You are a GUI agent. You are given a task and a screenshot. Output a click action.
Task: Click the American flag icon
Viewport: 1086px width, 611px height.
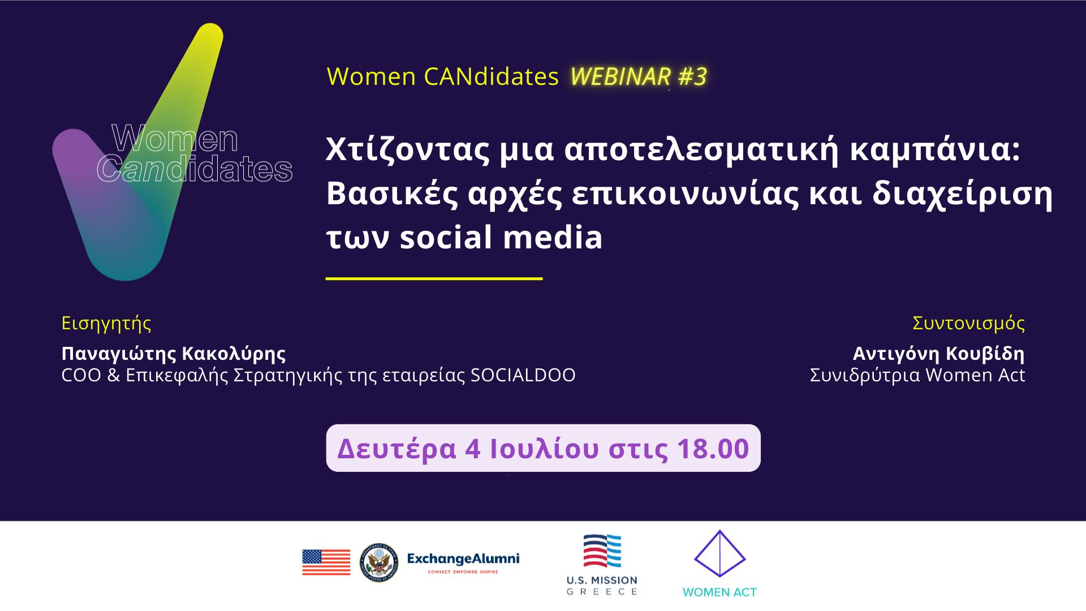326,562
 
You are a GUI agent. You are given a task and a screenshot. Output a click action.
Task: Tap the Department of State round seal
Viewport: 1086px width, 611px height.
378,562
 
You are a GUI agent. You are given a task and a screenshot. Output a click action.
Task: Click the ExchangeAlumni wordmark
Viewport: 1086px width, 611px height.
463,559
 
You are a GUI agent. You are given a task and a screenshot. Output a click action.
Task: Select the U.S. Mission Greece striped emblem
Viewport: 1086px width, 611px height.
602,551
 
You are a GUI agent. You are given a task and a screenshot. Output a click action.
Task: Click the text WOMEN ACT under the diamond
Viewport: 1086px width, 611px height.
719,592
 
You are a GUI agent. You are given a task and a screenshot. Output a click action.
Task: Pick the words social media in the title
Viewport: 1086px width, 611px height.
501,236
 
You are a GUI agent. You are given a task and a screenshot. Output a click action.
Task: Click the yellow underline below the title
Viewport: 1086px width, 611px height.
434,278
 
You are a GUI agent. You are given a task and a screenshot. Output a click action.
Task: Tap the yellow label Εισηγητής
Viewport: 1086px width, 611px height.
106,324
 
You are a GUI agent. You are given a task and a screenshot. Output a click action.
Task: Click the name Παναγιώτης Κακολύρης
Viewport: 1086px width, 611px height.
174,354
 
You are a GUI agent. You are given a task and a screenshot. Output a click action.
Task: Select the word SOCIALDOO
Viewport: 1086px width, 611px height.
523,375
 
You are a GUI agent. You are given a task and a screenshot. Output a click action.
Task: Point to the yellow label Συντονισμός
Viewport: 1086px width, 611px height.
969,324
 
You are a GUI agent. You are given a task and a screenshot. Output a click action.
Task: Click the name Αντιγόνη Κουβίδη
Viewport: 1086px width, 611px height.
939,354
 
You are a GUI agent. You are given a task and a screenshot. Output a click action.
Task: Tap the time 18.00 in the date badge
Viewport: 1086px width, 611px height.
713,449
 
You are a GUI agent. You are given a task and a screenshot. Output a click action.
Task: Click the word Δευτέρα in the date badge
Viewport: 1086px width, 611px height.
397,449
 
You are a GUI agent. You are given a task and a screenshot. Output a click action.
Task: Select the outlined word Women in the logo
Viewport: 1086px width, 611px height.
175,139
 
